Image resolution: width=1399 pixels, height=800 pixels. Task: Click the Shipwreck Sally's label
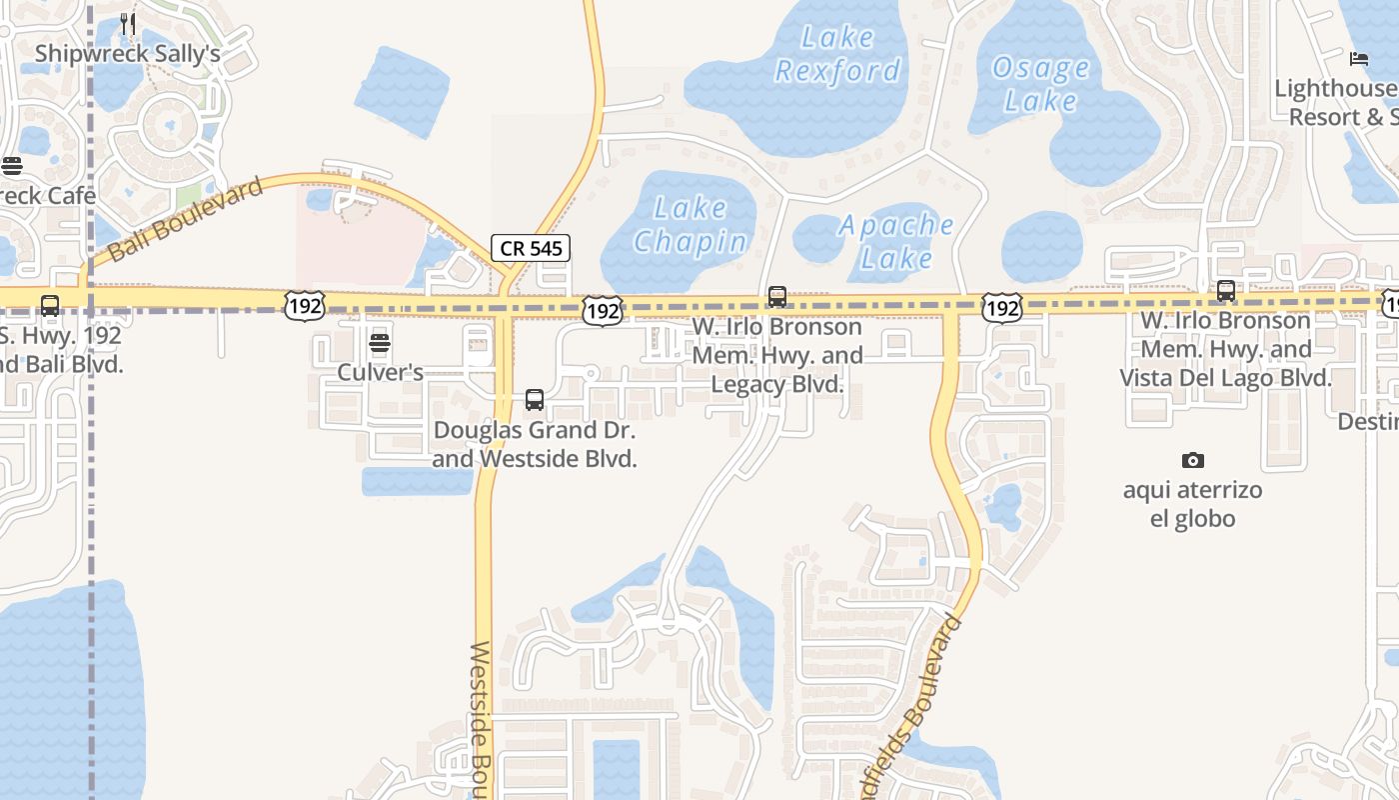point(127,53)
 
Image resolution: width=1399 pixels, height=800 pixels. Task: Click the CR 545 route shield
point(530,248)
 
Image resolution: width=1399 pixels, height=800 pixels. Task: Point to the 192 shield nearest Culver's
point(303,306)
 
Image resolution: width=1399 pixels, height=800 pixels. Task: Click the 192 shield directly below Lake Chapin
point(604,311)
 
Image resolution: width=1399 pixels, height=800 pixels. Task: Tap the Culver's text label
point(380,372)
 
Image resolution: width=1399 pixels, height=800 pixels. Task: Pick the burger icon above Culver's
point(379,344)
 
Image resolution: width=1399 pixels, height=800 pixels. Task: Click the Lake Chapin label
point(690,225)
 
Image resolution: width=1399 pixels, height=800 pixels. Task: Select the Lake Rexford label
point(837,54)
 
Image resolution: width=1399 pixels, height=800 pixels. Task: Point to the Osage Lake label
point(1040,84)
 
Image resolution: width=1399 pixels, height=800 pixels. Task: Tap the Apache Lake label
point(896,241)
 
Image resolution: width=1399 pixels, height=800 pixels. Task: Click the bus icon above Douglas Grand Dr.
point(535,400)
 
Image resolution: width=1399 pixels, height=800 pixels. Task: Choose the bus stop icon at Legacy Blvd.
point(776,297)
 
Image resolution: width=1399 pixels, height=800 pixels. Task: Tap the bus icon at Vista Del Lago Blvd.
point(1225,291)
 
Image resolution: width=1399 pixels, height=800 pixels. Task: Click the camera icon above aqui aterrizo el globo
point(1192,460)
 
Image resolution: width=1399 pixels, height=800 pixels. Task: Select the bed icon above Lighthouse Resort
point(1358,59)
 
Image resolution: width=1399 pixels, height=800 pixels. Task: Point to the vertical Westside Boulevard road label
point(482,720)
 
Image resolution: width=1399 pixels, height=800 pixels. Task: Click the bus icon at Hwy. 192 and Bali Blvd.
point(49,306)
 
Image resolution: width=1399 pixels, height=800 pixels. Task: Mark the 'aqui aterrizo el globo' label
point(1192,504)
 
